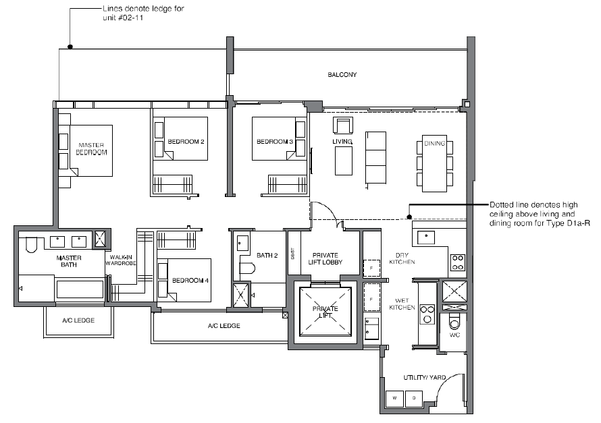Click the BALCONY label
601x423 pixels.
[x=342, y=75]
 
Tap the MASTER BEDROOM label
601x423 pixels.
[x=91, y=148]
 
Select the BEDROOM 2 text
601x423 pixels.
[x=186, y=142]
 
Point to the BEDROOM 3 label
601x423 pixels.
[x=275, y=142]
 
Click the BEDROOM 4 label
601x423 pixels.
[x=190, y=280]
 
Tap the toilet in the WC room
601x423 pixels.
[x=454, y=321]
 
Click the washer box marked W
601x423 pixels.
[x=394, y=399]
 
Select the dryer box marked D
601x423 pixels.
[x=414, y=399]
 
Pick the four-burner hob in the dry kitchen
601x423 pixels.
[x=458, y=262]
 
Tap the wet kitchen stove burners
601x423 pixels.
[x=427, y=314]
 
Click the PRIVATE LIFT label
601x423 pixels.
[x=325, y=312]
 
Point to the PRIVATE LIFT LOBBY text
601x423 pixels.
[x=325, y=259]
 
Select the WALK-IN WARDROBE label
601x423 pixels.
[x=121, y=260]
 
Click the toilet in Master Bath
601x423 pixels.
[x=30, y=245]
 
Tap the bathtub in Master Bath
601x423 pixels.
[x=80, y=289]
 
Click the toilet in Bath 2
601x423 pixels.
[x=247, y=268]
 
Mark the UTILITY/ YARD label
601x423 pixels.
[x=425, y=377]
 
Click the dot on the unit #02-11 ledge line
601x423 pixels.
[x=70, y=47]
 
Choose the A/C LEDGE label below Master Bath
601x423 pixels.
[x=78, y=320]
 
